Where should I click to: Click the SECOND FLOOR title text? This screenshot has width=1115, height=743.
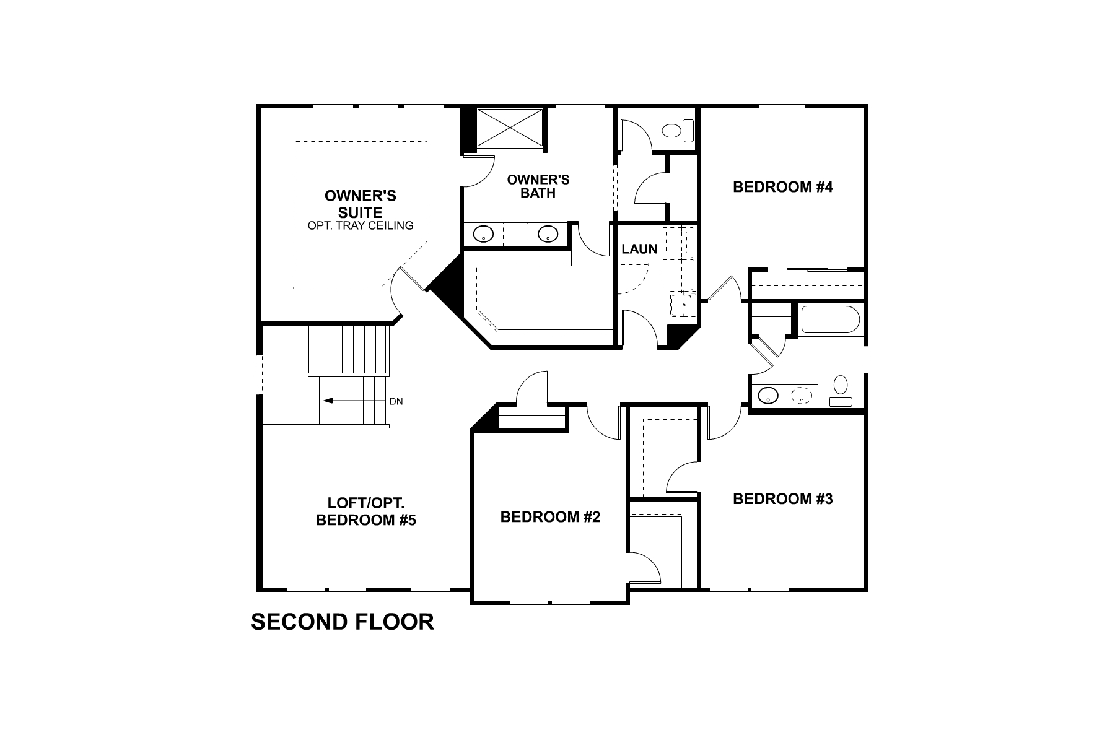tap(342, 622)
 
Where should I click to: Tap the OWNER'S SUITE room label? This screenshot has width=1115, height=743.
tap(361, 204)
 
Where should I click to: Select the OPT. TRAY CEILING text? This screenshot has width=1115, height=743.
tap(361, 226)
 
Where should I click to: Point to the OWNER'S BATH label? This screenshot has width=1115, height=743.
tap(538, 186)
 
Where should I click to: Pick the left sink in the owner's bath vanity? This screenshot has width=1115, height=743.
tap(483, 234)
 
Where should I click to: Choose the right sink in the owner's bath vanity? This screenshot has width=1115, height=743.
tap(548, 234)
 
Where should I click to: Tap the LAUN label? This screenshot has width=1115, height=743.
tap(639, 250)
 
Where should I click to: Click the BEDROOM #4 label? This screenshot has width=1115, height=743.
tap(782, 187)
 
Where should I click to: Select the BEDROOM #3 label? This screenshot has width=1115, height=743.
tap(782, 499)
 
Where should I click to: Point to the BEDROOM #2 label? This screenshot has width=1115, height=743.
tap(550, 517)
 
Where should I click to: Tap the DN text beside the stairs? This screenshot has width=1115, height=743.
tap(396, 401)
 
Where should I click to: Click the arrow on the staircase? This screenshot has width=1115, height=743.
tap(329, 401)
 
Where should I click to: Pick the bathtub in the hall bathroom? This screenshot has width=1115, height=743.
tap(830, 320)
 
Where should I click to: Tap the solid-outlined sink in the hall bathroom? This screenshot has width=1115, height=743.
tap(769, 395)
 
